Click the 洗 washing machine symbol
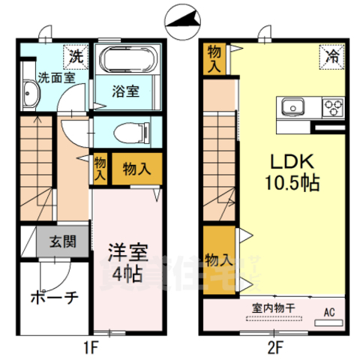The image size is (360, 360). (x=76, y=55)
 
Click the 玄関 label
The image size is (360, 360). (x=63, y=242)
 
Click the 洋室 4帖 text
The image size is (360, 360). (x=125, y=260)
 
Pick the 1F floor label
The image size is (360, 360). (x=91, y=347)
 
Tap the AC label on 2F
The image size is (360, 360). (x=327, y=313)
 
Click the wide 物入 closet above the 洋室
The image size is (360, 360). (x=136, y=169)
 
